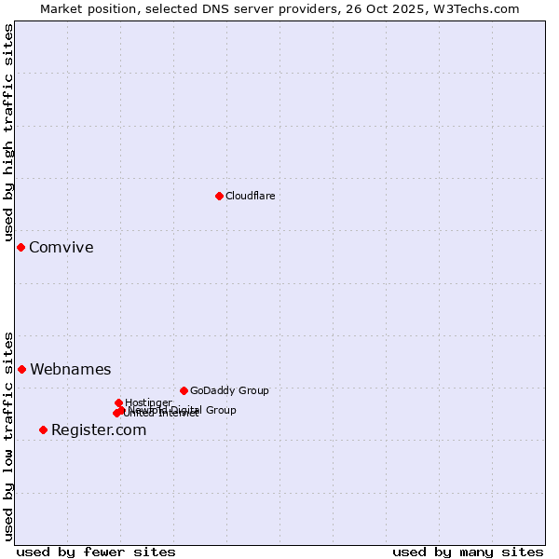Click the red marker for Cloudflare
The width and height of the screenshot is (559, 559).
point(219,196)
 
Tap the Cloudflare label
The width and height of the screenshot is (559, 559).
point(250,196)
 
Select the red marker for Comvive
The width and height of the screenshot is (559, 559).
point(20,247)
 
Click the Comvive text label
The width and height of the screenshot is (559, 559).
point(61,248)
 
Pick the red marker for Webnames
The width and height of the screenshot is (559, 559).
point(21,369)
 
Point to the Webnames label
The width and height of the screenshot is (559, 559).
point(70,370)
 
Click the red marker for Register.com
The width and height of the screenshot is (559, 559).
point(43,429)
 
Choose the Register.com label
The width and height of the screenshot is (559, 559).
point(99,429)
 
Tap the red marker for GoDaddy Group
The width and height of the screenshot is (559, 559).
point(184,390)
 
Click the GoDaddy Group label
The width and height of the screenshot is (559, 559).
point(229,390)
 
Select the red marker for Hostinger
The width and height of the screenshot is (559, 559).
point(118,402)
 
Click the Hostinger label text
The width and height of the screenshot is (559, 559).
point(148,402)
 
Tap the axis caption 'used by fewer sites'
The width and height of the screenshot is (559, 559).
point(96,552)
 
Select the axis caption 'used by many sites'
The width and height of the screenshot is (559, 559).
point(468,552)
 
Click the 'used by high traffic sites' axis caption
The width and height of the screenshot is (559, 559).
point(8,133)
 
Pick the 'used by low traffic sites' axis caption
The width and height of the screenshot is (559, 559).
point(8,436)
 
